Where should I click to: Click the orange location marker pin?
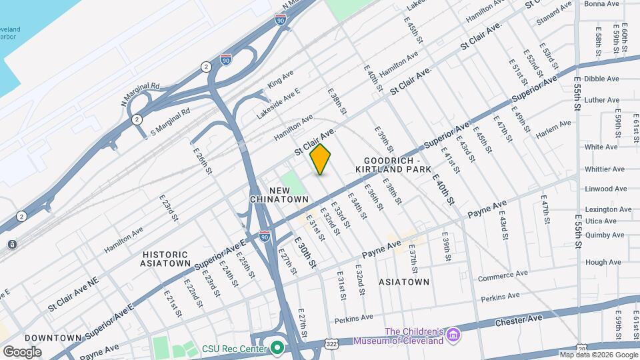[321, 159]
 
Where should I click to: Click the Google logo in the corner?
[22, 351]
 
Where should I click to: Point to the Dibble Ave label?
[602, 79]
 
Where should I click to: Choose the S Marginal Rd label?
[170, 122]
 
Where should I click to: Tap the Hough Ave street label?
[603, 263]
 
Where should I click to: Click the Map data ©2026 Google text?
[598, 355]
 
